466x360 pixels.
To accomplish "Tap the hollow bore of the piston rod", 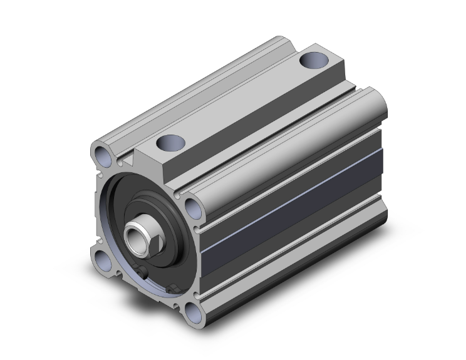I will coord(135,237).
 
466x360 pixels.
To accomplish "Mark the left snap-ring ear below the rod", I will coord(145,272).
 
